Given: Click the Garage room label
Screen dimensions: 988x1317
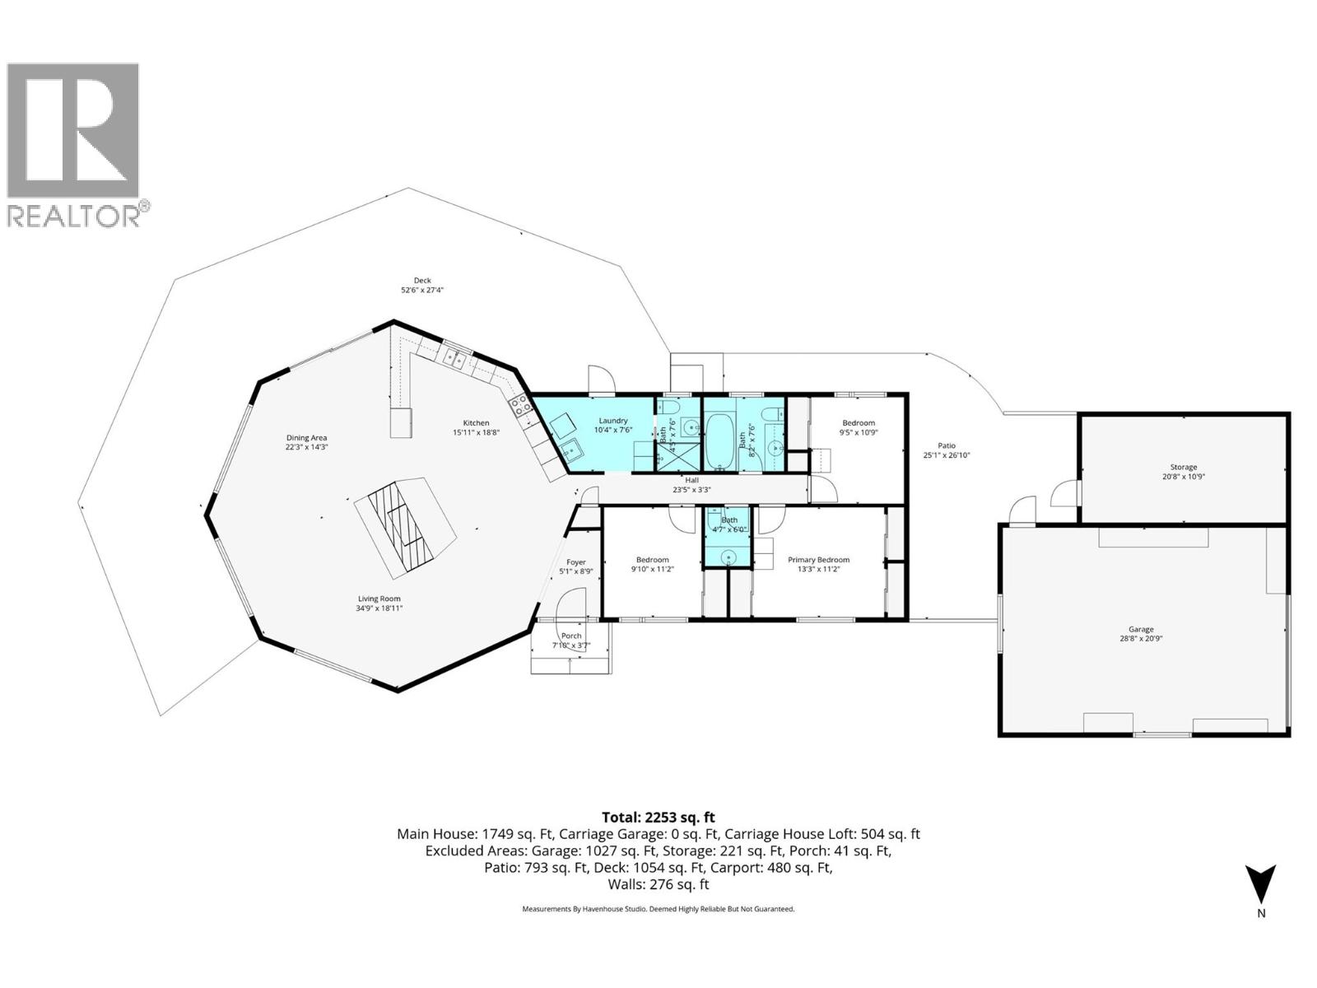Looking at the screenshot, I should coord(1141,629).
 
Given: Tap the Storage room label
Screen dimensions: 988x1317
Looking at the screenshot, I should coord(1184,467).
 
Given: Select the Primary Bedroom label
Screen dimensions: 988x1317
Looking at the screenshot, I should coord(818,560).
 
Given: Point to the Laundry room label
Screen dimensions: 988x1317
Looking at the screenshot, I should coord(612,421).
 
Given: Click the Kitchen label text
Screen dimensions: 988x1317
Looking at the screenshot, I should coord(476,423).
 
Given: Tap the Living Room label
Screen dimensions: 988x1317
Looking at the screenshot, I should coord(379,599).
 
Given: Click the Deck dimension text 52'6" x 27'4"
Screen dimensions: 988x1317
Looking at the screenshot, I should coord(422,290).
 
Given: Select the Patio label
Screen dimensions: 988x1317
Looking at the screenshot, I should coord(947,445).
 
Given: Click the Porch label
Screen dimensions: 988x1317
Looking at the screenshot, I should coord(571,636).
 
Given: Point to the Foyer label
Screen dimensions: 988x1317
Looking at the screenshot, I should coord(576,562).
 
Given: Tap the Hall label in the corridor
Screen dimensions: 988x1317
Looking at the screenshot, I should coord(691,480).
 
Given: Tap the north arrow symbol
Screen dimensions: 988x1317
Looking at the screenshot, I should coord(1260,884).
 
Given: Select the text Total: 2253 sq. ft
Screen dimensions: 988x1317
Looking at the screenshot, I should coord(658,817).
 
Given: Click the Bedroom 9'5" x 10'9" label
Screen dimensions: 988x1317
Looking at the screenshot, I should coord(858,423).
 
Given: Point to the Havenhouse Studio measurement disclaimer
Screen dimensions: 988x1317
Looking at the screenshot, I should coord(658,909).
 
